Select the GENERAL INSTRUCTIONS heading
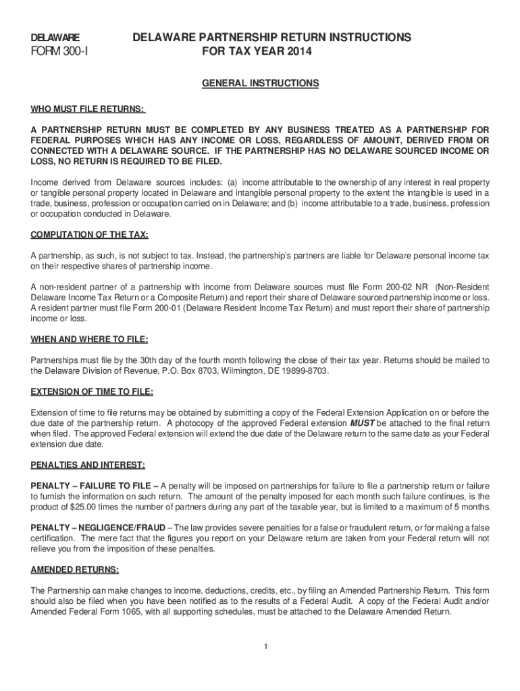pyautogui.click(x=260, y=84)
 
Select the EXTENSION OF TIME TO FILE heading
pyautogui.click(x=92, y=391)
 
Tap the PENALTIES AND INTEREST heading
pyautogui.click(x=88, y=465)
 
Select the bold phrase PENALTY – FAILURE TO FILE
pyautogui.click(x=95, y=486)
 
